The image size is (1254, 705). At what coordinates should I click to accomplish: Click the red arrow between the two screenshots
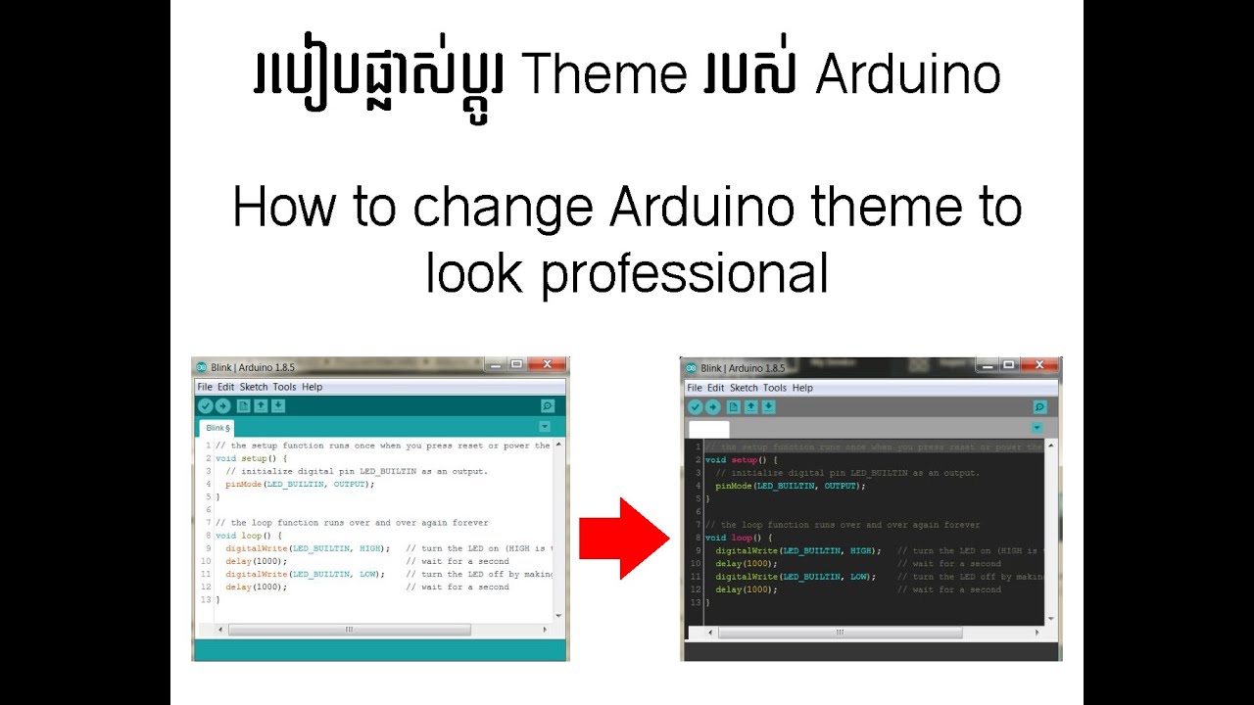pos(623,538)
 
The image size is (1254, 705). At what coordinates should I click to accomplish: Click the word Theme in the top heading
pos(604,75)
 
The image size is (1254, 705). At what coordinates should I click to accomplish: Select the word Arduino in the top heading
pos(907,75)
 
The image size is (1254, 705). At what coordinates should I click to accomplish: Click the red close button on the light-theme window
pos(547,365)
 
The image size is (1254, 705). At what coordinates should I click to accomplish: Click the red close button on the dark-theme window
pos(1038,366)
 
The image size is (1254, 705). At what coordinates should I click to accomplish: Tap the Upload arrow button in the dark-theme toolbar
pos(713,407)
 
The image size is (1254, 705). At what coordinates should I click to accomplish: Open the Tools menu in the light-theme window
pos(284,387)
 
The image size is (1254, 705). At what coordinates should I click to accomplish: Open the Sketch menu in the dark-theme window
pos(744,388)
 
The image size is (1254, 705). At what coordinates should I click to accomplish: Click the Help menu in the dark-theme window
pos(802,388)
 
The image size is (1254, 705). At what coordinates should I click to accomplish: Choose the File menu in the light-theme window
pos(205,387)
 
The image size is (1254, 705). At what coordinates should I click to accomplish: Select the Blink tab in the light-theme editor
pos(217,428)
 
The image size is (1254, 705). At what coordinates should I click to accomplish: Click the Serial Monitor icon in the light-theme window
pos(547,405)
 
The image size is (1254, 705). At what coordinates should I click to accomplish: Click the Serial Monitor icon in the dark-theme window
pos(1039,407)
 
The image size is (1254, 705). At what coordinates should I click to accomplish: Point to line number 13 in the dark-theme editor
pos(696,602)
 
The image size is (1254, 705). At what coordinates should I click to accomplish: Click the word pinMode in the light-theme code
pos(244,484)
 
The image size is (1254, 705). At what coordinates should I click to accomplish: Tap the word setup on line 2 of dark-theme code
pos(745,460)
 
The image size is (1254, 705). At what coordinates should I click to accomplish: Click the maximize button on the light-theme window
pos(516,365)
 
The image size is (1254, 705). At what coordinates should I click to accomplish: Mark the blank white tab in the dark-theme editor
pos(708,429)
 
